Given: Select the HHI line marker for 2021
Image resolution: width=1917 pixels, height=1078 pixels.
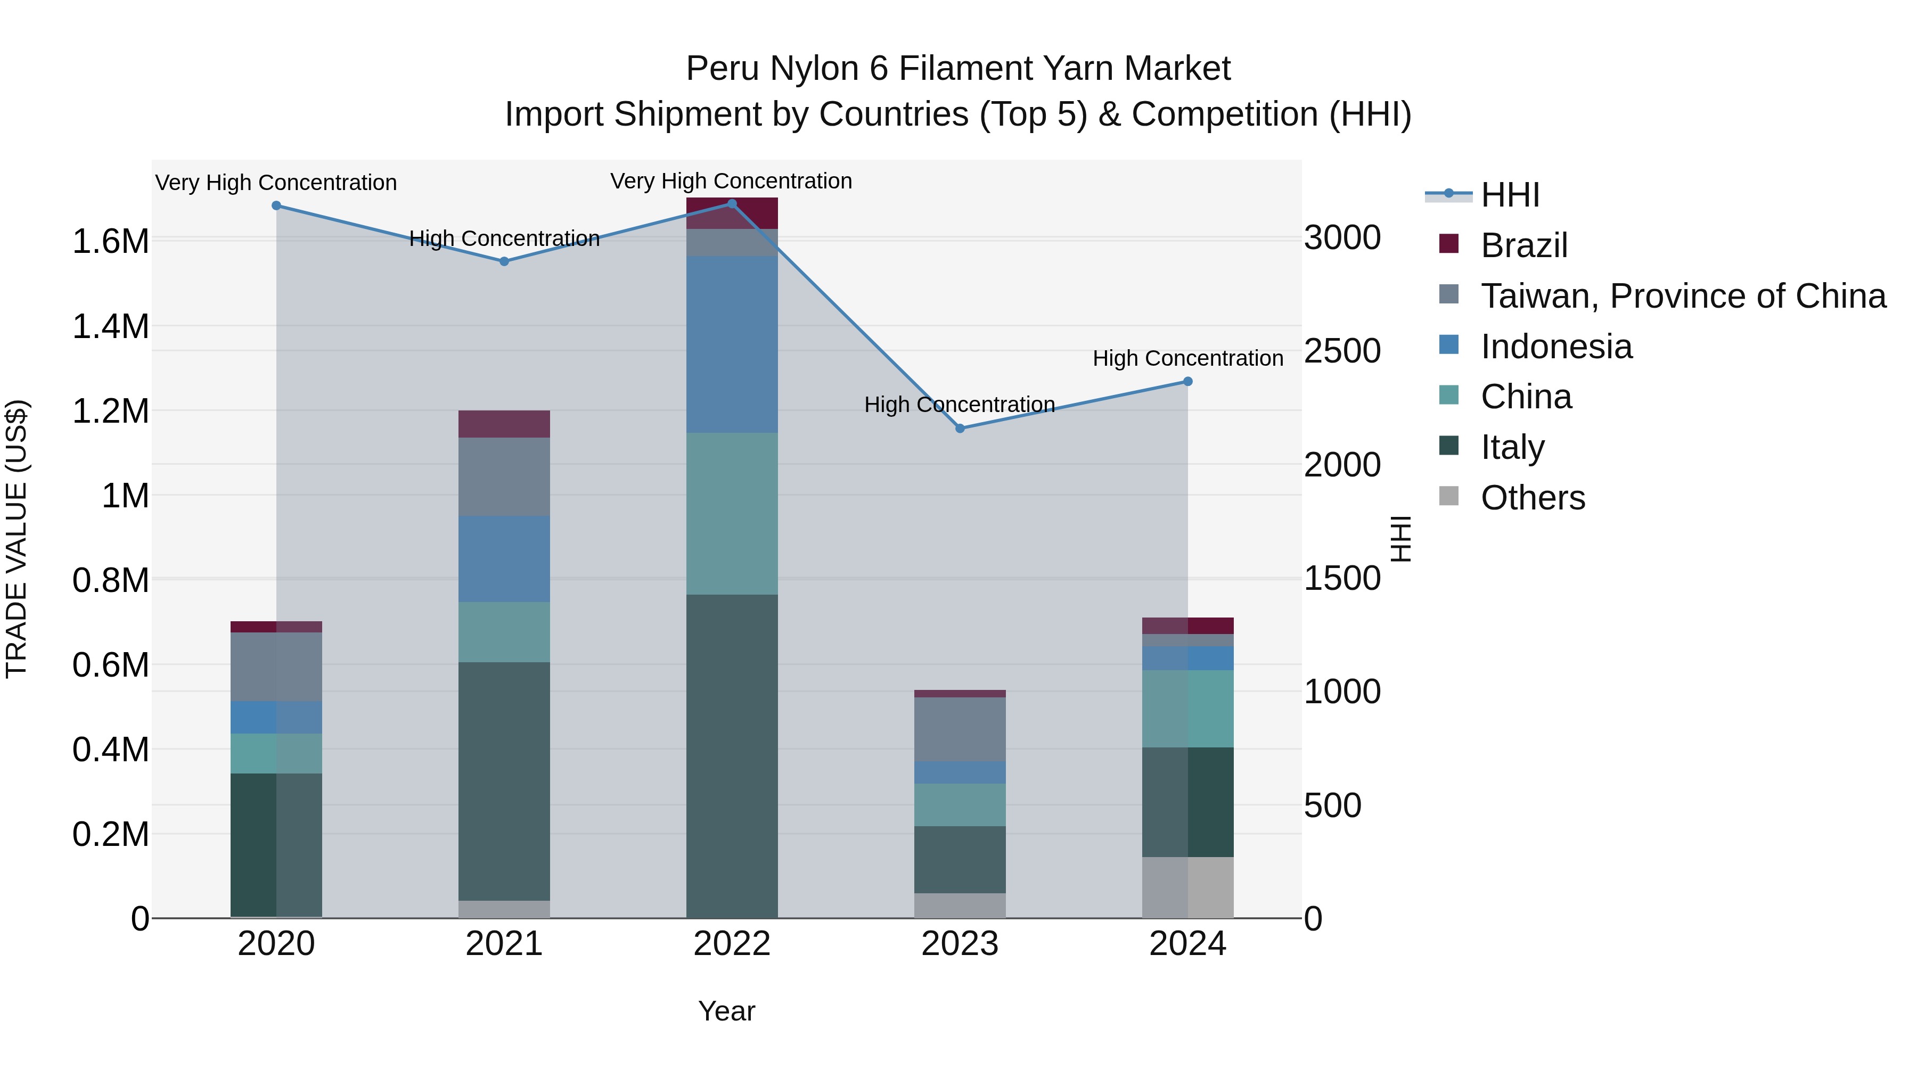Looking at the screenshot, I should coord(504,262).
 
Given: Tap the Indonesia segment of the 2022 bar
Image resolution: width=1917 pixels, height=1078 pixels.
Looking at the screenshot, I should coord(732,344).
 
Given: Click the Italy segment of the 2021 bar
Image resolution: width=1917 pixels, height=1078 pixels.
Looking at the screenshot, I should coord(504,781).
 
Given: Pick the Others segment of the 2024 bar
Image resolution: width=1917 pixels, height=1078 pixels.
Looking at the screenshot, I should coord(1187,887).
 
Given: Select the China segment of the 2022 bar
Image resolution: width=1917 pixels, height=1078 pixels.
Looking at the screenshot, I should coord(732,513).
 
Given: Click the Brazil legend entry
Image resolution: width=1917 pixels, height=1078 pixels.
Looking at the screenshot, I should coord(1523,245).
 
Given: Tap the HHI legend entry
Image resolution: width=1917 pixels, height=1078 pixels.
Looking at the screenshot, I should coord(1509,195).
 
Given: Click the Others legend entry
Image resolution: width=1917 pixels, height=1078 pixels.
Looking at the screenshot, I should coord(1532,498).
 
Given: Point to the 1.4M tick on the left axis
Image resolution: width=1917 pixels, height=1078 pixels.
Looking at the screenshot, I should coord(110,327).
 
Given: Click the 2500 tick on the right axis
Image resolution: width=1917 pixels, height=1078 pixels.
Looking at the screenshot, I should coord(1342,351).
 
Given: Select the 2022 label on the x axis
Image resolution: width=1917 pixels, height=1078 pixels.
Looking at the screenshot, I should coord(732,944).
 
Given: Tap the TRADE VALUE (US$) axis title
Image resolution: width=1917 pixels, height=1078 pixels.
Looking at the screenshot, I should coord(17,539).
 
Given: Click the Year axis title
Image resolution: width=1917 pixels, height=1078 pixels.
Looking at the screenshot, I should coord(726,1011).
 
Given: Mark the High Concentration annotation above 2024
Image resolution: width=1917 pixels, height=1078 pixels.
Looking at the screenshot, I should coord(1187,359).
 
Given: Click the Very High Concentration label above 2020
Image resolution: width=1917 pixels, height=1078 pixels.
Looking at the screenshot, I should coord(276,183).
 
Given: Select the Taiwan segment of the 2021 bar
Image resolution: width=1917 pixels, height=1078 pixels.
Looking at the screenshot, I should coord(504,476).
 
